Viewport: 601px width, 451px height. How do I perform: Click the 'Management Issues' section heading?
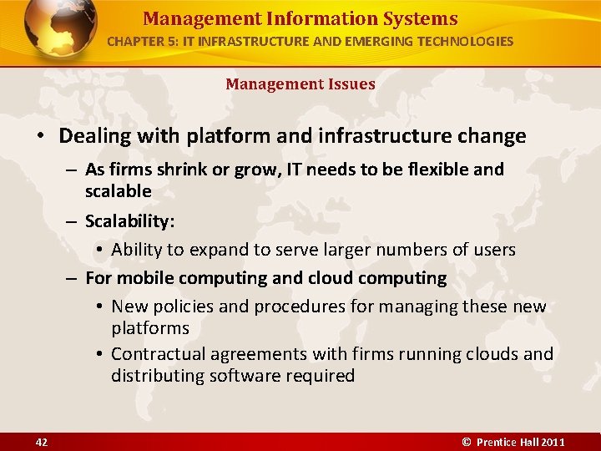300,84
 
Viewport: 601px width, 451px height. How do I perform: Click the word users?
492,250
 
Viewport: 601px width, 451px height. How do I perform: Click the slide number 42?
42,442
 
